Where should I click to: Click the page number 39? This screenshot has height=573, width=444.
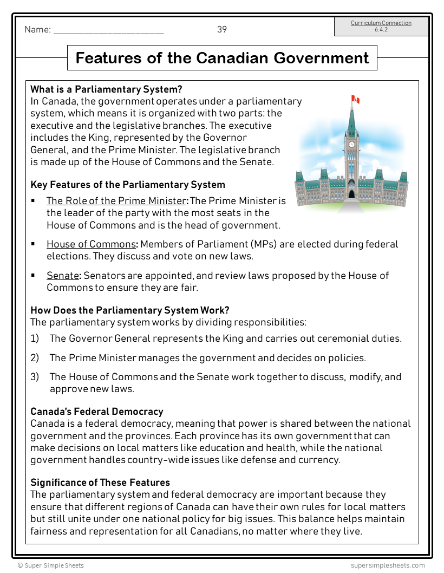pos(222,30)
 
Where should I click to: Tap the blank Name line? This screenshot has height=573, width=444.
pos(108,31)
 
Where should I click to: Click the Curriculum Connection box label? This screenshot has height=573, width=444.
pos(381,23)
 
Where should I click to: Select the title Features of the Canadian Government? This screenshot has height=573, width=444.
pos(222,58)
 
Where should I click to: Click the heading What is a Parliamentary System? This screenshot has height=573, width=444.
pos(106,89)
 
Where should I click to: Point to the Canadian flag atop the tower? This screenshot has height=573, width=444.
pos(356,100)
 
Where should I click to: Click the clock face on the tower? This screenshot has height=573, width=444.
pos(352,145)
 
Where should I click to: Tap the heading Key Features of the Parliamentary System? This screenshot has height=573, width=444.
pos(128,185)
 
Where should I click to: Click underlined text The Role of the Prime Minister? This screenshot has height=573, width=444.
pos(116,201)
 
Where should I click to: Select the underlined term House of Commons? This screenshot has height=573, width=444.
pos(90,244)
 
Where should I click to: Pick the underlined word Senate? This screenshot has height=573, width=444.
pos(63,276)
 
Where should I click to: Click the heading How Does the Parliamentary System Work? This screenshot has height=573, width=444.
pos(130,310)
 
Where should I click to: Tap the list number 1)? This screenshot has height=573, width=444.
pos(35,338)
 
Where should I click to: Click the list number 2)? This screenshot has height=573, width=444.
pos(35,358)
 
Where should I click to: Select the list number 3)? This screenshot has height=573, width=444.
pos(35,377)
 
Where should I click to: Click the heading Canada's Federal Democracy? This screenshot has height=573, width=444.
pos(97,412)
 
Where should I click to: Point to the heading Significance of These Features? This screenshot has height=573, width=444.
pos(100,482)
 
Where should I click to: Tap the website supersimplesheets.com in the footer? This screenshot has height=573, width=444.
pos(388,565)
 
